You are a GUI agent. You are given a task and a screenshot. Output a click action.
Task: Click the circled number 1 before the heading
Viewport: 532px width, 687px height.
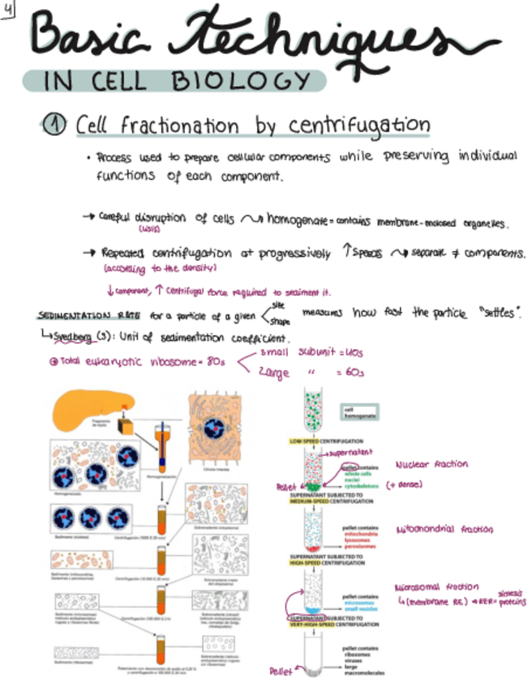(x=56, y=125)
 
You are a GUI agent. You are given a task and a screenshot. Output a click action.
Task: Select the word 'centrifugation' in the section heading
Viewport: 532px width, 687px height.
(x=360, y=125)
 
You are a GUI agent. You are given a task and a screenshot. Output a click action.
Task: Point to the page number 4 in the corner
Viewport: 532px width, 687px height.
(x=8, y=10)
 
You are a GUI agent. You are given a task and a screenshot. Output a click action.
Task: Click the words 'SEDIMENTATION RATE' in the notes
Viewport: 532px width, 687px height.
(x=76, y=315)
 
